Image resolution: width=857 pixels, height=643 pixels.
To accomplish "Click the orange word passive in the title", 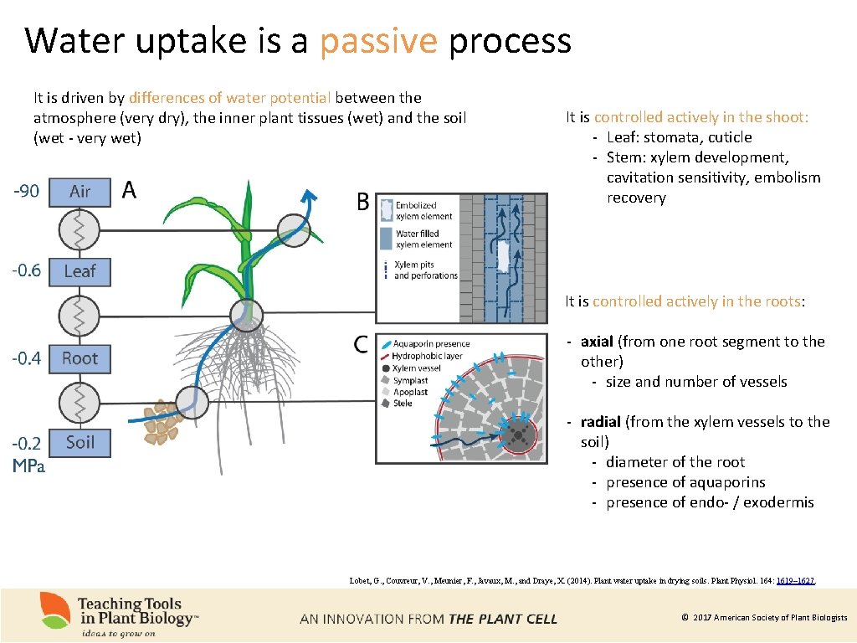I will coord(379,40).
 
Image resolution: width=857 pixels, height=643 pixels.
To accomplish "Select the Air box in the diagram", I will coord(80,192).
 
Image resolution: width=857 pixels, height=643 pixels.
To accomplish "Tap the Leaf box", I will coord(80,271).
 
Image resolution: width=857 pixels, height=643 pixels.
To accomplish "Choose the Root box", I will coord(80,358).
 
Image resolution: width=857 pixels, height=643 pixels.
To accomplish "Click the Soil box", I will coord(80,442).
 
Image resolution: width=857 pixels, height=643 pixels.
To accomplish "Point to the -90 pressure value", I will coord(26,192).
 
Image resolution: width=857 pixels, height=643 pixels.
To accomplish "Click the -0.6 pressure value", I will coord(26,270).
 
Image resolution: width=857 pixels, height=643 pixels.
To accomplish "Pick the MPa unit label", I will coord(28,466).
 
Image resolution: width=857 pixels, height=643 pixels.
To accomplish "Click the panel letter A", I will coord(129,191).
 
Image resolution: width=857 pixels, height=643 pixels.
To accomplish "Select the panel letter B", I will coord(363,202).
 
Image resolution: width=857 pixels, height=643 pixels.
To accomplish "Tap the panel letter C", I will coord(361,344).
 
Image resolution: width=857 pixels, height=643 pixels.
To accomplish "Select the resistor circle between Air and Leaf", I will coord(80,230).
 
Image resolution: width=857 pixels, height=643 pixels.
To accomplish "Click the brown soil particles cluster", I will coord(162,422).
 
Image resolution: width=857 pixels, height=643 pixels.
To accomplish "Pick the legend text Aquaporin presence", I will coord(431,344).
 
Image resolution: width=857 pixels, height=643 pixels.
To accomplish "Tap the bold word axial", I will coord(597,342).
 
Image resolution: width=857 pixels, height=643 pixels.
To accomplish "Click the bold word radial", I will coord(600,422).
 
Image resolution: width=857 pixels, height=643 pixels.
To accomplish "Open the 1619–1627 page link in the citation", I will coord(796,580).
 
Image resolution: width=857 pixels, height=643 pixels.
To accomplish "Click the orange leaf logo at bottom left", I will coord(55,610).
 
